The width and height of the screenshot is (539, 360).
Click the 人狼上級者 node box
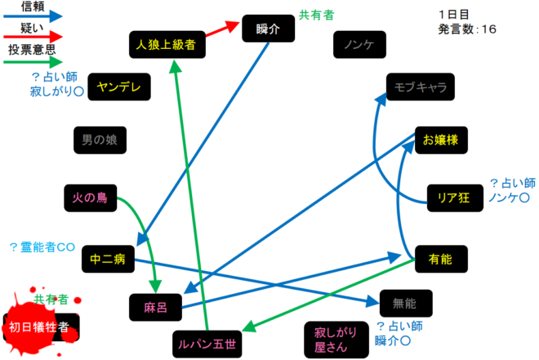pyautogui.click(x=167, y=45)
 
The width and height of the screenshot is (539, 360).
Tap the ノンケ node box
pyautogui.click(x=359, y=45)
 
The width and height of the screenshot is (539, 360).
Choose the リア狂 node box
pyautogui.click(x=452, y=197)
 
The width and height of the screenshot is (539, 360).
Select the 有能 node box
pyautogui.click(x=440, y=260)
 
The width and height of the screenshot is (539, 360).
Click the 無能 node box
pyautogui.click(x=404, y=303)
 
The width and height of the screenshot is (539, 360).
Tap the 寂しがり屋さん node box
pyautogui.click(x=332, y=339)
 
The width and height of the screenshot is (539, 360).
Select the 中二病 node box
pyautogui.click(x=107, y=260)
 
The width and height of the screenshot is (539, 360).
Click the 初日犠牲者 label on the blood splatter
pyautogui.click(x=40, y=327)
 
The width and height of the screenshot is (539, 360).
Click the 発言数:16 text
pyautogui.click(x=466, y=29)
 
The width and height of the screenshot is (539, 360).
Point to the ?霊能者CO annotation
pyautogui.click(x=42, y=247)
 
